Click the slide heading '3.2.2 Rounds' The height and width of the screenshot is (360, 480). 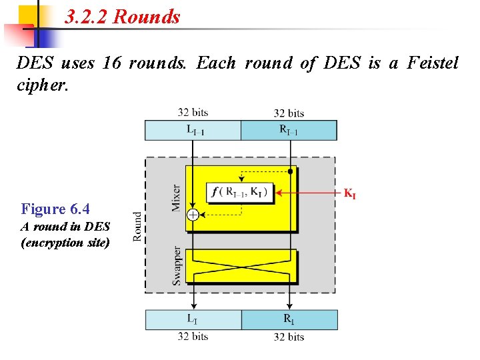tap(123, 17)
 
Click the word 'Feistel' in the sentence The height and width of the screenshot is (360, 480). tap(431, 63)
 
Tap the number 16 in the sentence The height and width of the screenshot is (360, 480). tap(111, 63)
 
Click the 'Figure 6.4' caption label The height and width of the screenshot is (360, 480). tap(55, 209)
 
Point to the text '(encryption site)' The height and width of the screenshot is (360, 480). tap(65, 242)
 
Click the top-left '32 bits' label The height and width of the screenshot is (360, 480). tap(193, 113)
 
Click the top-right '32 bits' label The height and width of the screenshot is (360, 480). tap(289, 113)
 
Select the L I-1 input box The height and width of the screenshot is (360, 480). tap(193, 130)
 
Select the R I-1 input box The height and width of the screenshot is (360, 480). tap(289, 130)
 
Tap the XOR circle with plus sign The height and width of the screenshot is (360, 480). tap(193, 215)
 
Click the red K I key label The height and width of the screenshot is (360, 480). tap(349, 194)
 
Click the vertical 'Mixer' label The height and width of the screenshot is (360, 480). tap(176, 198)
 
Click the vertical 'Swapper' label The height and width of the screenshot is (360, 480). tap(177, 265)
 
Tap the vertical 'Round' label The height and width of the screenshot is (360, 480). tap(137, 226)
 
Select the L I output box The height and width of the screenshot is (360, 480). tap(193, 319)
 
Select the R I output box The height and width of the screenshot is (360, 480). tap(289, 319)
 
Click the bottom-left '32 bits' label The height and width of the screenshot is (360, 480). tap(193, 337)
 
